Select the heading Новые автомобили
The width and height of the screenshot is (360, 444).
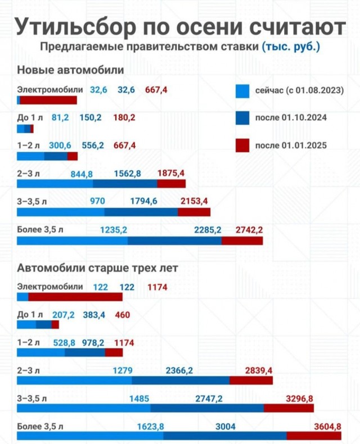(x=70, y=70)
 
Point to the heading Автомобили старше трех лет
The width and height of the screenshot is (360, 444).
(x=98, y=268)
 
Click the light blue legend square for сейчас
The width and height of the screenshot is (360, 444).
(x=242, y=90)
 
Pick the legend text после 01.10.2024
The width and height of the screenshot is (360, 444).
(x=291, y=118)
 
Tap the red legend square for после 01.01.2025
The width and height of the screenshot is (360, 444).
(x=242, y=145)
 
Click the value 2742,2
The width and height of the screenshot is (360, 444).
(x=249, y=229)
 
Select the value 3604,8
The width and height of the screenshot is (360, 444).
(x=327, y=427)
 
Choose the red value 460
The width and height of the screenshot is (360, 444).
(x=122, y=315)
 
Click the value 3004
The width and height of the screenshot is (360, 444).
(x=225, y=427)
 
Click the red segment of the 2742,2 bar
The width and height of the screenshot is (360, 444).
(x=242, y=241)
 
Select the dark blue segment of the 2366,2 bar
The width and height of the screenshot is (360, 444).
(x=181, y=380)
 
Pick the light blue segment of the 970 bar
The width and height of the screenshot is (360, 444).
(x=61, y=212)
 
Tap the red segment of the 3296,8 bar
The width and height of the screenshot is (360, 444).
(x=284, y=408)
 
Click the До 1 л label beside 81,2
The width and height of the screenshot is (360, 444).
(x=29, y=118)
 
